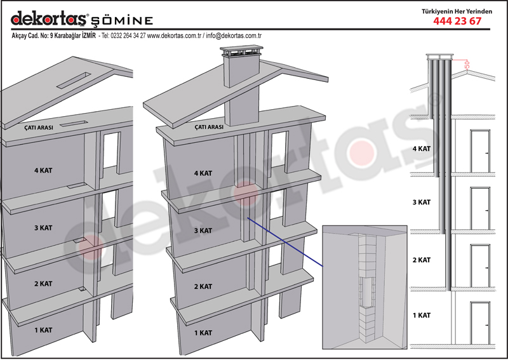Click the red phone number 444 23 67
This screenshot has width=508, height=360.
pos(457,21)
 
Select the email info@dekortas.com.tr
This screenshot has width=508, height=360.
pos(234,36)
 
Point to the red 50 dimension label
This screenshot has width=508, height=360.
pos(467,65)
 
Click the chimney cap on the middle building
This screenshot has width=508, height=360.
pos(241,51)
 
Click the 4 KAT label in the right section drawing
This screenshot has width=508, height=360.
pos(422,149)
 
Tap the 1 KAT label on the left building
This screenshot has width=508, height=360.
pos(43,330)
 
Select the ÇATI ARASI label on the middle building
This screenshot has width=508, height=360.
pos(209,127)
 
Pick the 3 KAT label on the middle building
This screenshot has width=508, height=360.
pos(203,230)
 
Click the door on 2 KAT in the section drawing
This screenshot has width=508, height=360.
pos(480,266)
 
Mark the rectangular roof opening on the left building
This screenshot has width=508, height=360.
pos(74,80)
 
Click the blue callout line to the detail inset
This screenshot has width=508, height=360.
pos(285,242)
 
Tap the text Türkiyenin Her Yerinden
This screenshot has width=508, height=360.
pos(457,11)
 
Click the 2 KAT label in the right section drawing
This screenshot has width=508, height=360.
pos(422,260)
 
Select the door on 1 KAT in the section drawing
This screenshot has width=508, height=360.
pos(480,323)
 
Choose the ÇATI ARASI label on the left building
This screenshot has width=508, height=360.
pos(39,128)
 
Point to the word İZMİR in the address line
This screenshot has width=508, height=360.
pos(89,36)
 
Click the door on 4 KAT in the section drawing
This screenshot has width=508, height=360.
pos(480,151)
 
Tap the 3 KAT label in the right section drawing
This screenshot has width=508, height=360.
pos(422,202)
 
